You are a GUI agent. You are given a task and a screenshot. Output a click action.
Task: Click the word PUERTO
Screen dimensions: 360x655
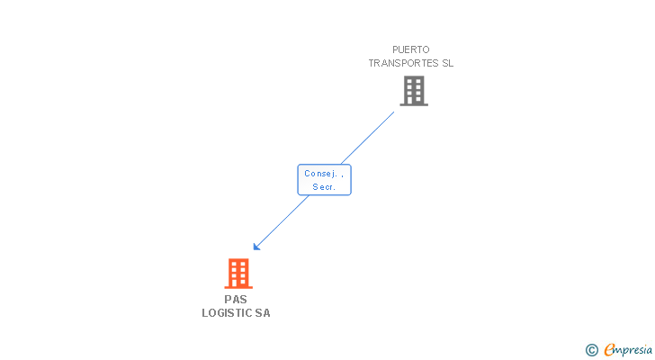(x=411, y=50)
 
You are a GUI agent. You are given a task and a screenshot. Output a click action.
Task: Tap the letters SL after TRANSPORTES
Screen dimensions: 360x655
(x=446, y=64)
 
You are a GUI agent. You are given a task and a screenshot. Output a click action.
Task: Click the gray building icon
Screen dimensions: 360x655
(x=414, y=91)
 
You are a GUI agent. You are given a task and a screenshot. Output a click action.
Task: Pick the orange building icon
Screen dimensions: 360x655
(x=238, y=274)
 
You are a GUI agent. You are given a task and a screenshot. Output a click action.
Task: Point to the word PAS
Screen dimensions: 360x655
(x=236, y=300)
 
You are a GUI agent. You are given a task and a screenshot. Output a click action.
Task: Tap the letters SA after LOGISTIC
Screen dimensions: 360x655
(x=262, y=313)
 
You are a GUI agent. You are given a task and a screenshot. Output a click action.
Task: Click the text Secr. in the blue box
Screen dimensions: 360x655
(x=324, y=187)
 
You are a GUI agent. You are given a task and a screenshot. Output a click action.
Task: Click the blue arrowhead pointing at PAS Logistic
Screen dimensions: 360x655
(x=257, y=246)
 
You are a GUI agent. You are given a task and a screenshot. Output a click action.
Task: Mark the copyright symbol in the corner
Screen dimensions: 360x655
(x=591, y=349)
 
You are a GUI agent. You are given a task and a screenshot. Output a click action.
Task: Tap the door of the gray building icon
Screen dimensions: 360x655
(x=414, y=101)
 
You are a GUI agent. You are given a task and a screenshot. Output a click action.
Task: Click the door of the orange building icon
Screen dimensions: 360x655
(x=238, y=283)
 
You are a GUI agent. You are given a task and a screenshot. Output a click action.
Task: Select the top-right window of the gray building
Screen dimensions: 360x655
(x=417, y=82)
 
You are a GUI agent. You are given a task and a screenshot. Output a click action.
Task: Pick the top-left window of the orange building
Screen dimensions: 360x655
(x=234, y=265)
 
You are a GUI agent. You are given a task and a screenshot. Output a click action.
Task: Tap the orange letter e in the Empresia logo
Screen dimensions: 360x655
(x=609, y=349)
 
